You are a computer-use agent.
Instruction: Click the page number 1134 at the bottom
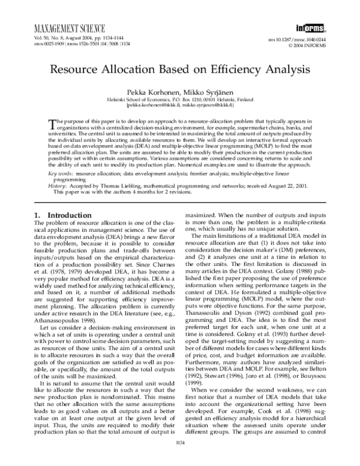[180, 458]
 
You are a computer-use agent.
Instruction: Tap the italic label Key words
[61, 173]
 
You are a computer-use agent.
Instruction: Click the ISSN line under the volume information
[74, 44]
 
